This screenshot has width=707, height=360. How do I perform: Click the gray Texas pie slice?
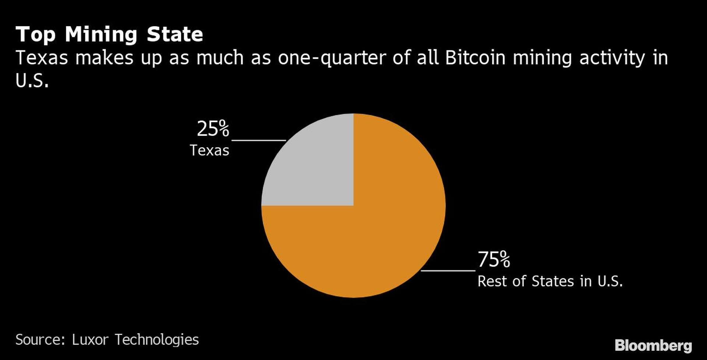[x=317, y=169]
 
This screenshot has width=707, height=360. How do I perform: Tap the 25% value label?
[x=213, y=129]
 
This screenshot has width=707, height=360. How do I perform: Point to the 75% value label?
[x=494, y=260]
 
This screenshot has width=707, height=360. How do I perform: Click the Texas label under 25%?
[x=209, y=151]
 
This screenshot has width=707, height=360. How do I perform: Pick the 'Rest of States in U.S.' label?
[x=550, y=282]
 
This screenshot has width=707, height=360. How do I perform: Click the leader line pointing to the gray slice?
[x=258, y=140]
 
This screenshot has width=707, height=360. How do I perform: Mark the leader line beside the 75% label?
[x=448, y=271]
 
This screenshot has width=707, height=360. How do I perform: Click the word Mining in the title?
[x=101, y=35]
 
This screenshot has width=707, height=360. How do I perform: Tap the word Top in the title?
[x=36, y=35]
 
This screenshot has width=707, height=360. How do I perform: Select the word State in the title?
[x=175, y=35]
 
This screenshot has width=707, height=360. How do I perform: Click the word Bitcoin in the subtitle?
[x=475, y=58]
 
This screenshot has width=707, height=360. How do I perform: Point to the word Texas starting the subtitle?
[x=42, y=58]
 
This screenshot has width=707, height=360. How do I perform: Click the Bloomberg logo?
[x=653, y=346]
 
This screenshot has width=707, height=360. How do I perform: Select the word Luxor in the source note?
[x=90, y=339]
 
